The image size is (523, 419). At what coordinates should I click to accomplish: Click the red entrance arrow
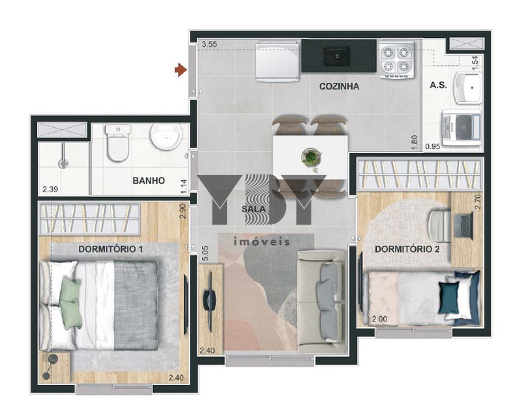tap(180, 69)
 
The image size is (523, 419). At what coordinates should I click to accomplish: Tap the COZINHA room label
tap(339, 86)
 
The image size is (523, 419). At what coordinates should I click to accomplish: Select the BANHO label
tap(149, 181)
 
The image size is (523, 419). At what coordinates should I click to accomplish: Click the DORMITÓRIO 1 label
tap(111, 249)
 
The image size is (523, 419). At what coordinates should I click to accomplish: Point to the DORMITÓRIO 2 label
tap(407, 249)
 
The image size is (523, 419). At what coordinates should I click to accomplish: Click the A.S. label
tap(438, 85)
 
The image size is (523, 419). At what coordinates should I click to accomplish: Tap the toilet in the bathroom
tap(117, 143)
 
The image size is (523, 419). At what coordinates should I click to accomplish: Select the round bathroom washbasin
tap(167, 137)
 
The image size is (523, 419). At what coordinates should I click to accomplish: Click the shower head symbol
tap(63, 163)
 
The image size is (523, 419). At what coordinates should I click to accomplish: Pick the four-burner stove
tap(396, 59)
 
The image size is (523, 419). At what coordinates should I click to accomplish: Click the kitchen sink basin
tap(337, 56)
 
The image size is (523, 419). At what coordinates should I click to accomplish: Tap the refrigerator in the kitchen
tap(277, 61)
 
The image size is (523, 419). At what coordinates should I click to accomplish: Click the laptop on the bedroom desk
tap(463, 226)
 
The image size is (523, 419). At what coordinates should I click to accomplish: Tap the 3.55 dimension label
tap(209, 44)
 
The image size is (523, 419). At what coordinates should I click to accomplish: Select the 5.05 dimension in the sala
tap(205, 253)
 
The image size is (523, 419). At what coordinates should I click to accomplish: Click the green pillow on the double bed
tap(70, 304)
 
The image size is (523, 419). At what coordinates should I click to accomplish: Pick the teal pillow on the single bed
tap(449, 298)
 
